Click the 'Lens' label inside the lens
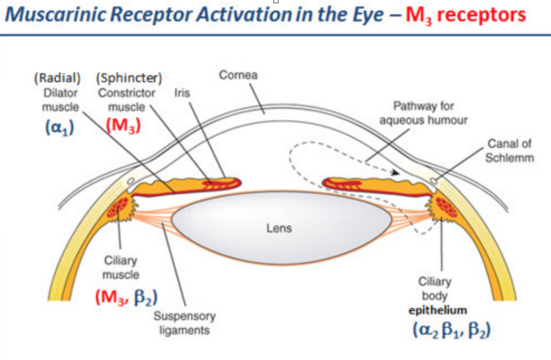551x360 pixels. point(279,228)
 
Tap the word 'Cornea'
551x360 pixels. point(238,75)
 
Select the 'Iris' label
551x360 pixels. point(182,93)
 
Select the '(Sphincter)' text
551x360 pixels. point(129,78)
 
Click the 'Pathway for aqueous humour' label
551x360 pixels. point(423,113)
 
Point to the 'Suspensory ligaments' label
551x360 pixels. point(184,323)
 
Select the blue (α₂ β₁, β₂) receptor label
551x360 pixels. point(451,330)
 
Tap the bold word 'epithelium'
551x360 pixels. point(438,310)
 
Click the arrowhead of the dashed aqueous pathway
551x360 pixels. point(395,173)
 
